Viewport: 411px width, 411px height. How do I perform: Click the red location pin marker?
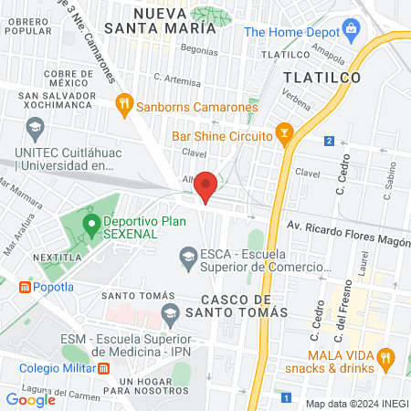[x=205, y=185]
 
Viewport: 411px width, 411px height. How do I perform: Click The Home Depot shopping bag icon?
[x=352, y=31]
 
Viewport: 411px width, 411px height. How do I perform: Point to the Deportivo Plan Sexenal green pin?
[x=90, y=223]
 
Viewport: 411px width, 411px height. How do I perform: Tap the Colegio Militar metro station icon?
[x=105, y=369]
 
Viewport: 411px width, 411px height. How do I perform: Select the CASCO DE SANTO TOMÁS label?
[x=244, y=306]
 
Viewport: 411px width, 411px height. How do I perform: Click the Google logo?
[x=30, y=399]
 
